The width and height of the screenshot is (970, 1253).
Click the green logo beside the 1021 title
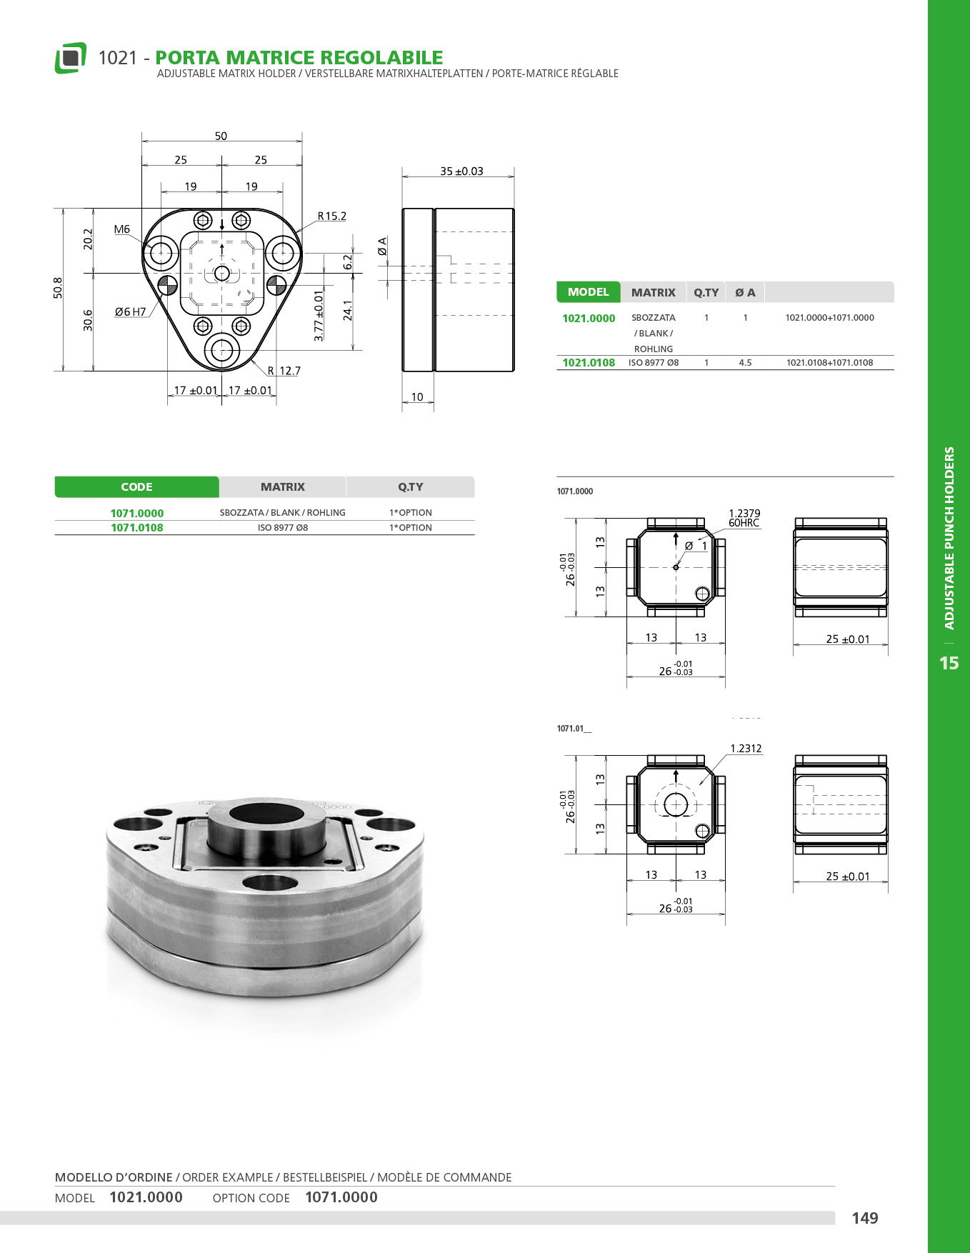point(70,58)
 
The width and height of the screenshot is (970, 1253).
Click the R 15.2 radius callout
point(332,216)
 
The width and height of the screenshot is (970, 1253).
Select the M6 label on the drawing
point(122,229)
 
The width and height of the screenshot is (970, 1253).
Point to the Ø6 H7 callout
point(130,311)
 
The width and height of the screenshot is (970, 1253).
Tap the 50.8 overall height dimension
point(58,288)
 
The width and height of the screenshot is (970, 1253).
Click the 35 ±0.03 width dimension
point(461,171)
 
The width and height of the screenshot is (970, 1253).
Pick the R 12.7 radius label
point(284,371)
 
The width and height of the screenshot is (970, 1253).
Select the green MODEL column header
point(588,292)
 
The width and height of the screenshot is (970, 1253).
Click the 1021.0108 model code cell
point(589,362)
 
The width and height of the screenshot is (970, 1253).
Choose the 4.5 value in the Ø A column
point(745,362)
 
